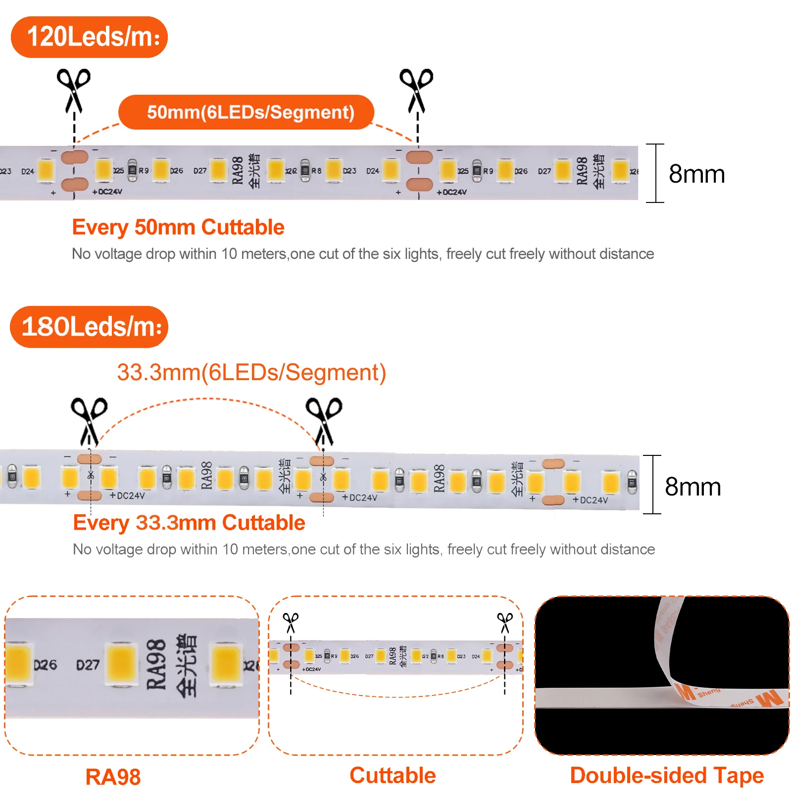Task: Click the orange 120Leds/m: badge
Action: [x=89, y=37]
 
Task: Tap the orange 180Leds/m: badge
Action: [x=89, y=327]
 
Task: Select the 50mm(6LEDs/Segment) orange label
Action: [x=247, y=112]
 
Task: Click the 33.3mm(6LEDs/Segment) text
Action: [x=251, y=372]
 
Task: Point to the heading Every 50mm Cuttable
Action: [x=178, y=228]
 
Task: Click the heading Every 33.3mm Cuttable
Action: [x=189, y=523]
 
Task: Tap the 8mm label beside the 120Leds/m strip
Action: [x=696, y=174]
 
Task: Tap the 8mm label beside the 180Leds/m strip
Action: [x=693, y=487]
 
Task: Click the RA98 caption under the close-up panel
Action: [x=113, y=777]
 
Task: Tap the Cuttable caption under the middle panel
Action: [x=393, y=775]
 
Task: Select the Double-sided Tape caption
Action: [x=667, y=775]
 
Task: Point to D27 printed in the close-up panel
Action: [x=88, y=665]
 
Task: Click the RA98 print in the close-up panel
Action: [x=156, y=665]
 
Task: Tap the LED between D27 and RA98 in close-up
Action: [x=122, y=665]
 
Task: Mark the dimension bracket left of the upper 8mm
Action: [x=655, y=173]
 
